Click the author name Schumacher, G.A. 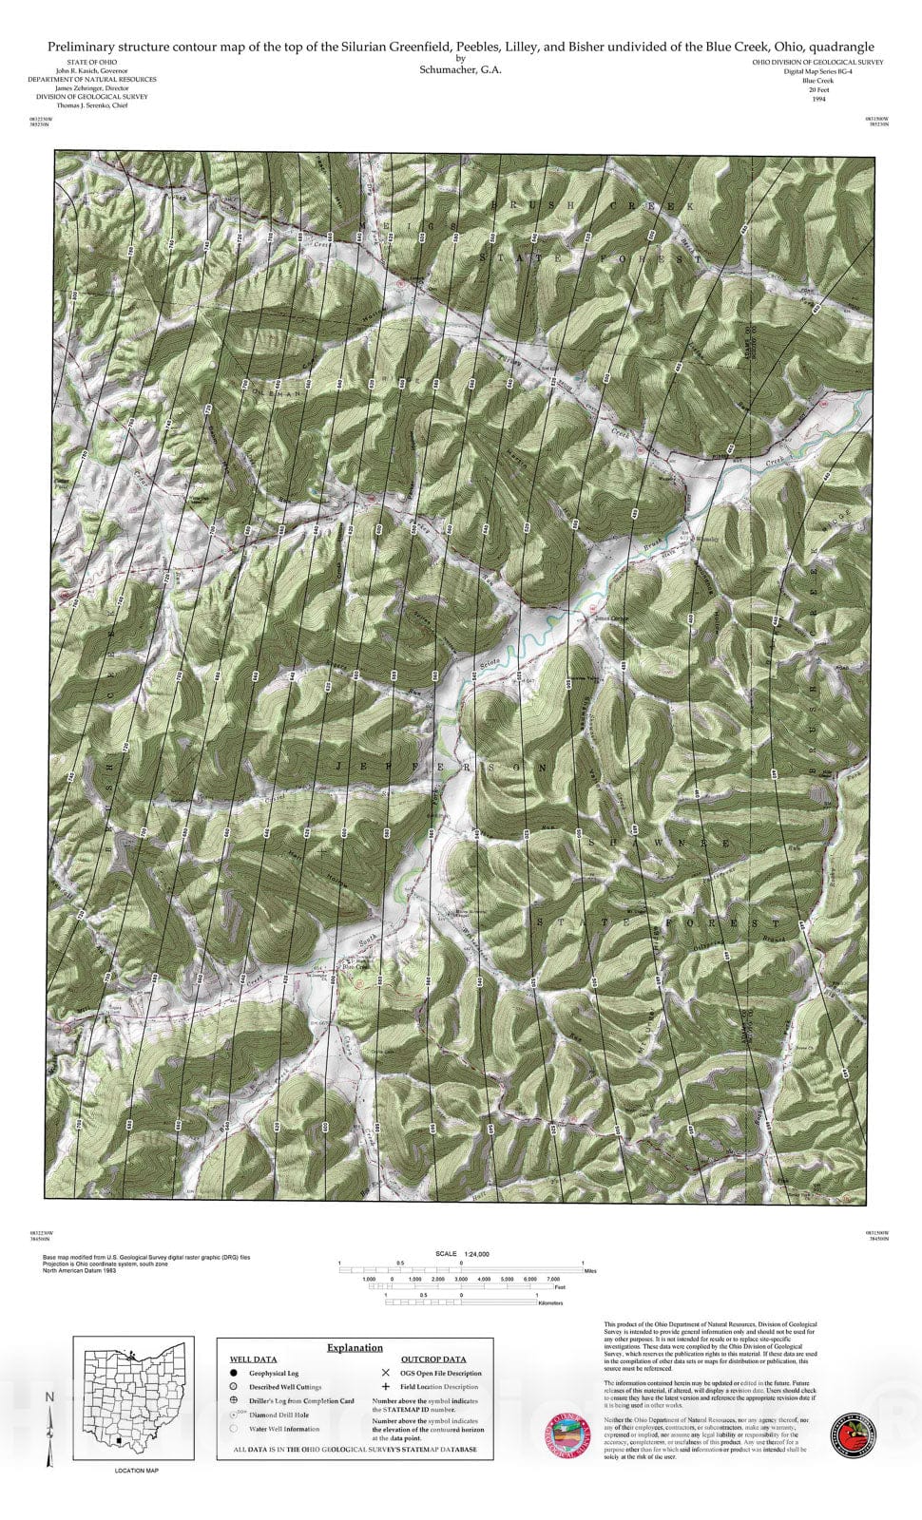click(460, 69)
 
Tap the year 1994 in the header click(818, 98)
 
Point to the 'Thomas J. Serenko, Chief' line click(92, 105)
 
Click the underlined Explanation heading click(355, 1347)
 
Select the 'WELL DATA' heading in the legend click(253, 1359)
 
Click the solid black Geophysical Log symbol click(233, 1373)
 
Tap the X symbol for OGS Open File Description click(385, 1373)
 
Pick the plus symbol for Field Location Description click(385, 1387)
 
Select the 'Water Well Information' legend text click(284, 1428)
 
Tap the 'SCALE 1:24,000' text click(461, 1254)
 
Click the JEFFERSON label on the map click(444, 766)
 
